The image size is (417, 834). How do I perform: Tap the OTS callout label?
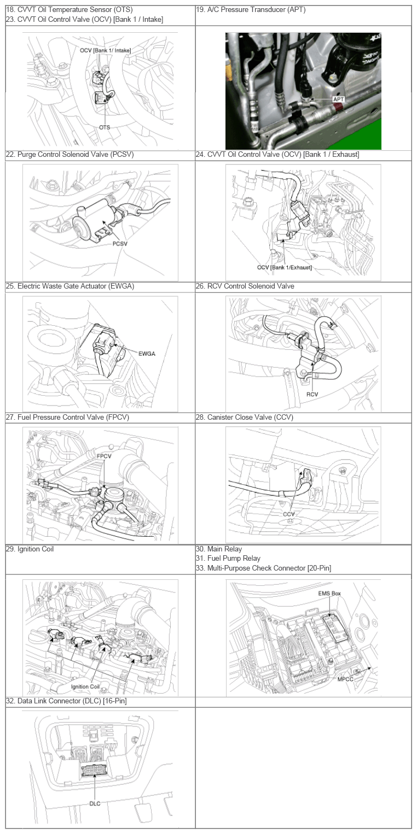(x=105, y=127)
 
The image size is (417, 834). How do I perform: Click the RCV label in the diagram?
(x=312, y=393)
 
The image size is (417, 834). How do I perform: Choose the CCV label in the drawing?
(x=289, y=515)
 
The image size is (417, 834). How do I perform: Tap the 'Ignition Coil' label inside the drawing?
(x=85, y=686)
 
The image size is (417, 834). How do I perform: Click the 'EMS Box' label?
(x=329, y=594)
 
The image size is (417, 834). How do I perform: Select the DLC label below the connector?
(x=95, y=803)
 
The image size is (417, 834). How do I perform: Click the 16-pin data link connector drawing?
(x=95, y=771)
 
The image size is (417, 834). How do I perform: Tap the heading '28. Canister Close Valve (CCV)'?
(x=250, y=418)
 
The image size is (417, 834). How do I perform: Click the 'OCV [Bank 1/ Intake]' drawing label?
(x=105, y=51)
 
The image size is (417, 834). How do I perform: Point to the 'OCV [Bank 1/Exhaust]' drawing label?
(x=284, y=267)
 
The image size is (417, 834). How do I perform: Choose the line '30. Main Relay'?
(x=219, y=549)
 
